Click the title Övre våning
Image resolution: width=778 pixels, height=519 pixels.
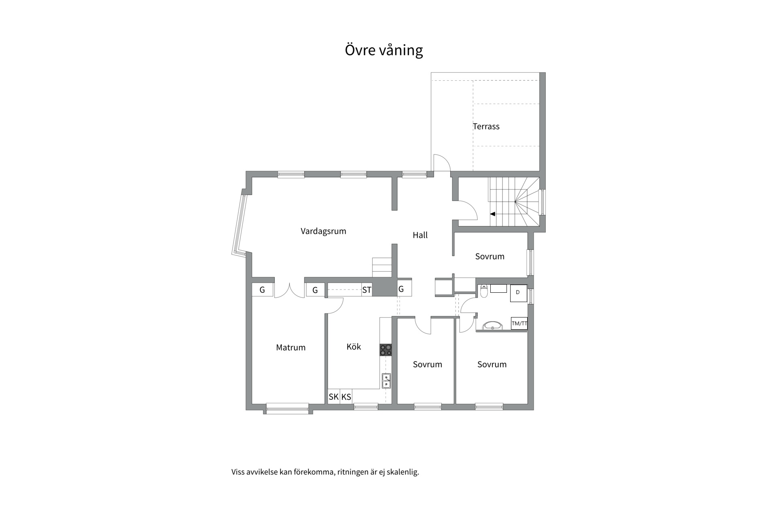(x=384, y=50)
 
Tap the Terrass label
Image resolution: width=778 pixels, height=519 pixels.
(x=486, y=127)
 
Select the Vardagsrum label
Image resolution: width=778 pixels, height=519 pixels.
(x=323, y=231)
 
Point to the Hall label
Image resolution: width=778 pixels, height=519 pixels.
(x=420, y=235)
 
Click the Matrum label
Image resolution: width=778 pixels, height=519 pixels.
(x=291, y=347)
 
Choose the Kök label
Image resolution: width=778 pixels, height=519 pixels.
(x=354, y=347)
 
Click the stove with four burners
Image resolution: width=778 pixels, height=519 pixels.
(x=386, y=350)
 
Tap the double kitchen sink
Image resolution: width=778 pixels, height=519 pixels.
(x=387, y=381)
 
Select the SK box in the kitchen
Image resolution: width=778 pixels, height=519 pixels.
(x=334, y=397)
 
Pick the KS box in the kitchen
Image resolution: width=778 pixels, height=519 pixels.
(x=346, y=397)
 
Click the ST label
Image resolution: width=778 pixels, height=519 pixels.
(x=366, y=290)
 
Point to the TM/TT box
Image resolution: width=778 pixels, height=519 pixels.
(x=519, y=324)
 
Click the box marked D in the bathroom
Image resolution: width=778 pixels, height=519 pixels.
(x=518, y=293)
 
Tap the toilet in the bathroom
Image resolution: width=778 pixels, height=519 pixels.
(x=484, y=291)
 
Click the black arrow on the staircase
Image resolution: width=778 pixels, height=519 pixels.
(x=493, y=214)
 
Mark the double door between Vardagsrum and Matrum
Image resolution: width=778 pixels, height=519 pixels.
(x=289, y=291)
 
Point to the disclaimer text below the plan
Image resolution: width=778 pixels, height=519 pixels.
(x=325, y=472)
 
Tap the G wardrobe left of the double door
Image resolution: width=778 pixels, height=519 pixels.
(x=262, y=290)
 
